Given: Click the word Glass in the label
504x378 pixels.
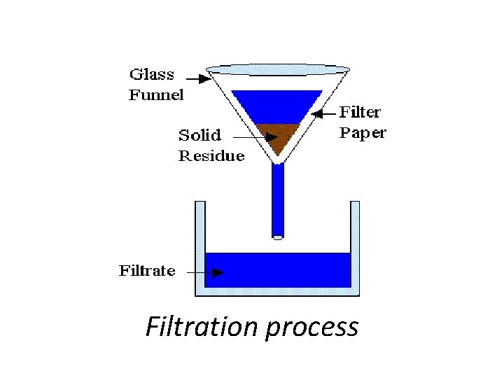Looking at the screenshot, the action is pos(152,74).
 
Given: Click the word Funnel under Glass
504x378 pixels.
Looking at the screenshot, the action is pos(155,94).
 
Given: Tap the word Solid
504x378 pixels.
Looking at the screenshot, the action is pos(199,134).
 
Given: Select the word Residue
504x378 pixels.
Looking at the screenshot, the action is pos(211,155).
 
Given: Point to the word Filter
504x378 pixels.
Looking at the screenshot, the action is pos(360,112).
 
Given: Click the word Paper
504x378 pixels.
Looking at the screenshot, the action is pos(362,133).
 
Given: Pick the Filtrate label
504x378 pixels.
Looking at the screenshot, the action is pos(147,271).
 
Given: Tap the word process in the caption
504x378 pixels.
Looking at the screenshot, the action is pos(311,327).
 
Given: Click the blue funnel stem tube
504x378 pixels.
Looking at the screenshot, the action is pos(278,199).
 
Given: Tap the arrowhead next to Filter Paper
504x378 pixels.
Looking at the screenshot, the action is pos(316,113).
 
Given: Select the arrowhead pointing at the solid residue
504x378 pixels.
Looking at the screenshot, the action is pos(272,137).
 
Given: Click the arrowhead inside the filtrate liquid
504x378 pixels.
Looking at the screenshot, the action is pos(218,272).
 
